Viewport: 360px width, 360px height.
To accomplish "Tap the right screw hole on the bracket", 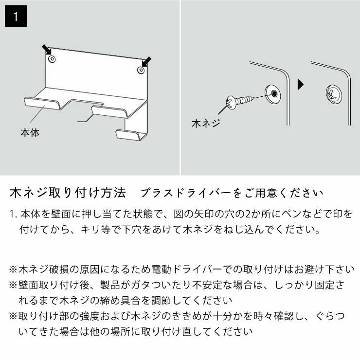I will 140,71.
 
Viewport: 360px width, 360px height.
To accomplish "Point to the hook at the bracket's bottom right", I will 131,134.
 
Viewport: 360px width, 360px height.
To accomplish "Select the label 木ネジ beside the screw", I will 206,124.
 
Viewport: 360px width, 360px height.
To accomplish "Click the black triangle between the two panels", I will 301,85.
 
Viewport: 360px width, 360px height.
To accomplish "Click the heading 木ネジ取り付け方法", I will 68,193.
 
